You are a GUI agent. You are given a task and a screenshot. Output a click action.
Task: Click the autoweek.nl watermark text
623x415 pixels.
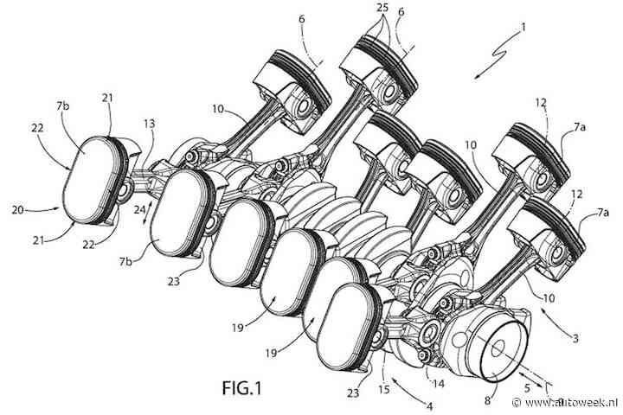[x=572, y=402]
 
